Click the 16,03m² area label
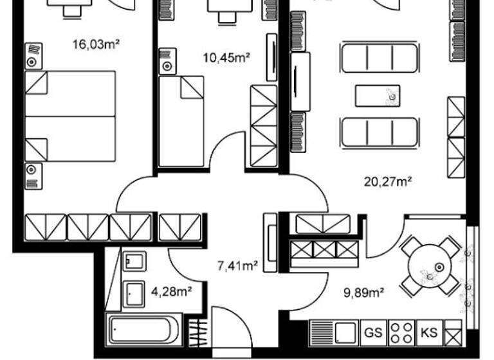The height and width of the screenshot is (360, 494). pos(98,44)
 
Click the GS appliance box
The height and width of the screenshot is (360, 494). pos(372,332)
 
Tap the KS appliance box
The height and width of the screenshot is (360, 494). pos(428,332)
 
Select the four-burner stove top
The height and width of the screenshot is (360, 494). pos(401,333)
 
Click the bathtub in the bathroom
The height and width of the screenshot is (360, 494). pos(140,330)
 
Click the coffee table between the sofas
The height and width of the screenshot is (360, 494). pos(378,96)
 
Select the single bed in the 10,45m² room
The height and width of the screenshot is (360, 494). pos(181,122)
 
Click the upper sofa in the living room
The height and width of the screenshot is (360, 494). pos(378,58)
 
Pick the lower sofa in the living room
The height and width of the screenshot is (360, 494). pos(378,132)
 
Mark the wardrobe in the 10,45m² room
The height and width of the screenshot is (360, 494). pos(262,126)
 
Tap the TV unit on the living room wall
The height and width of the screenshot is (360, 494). pos(300,81)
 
